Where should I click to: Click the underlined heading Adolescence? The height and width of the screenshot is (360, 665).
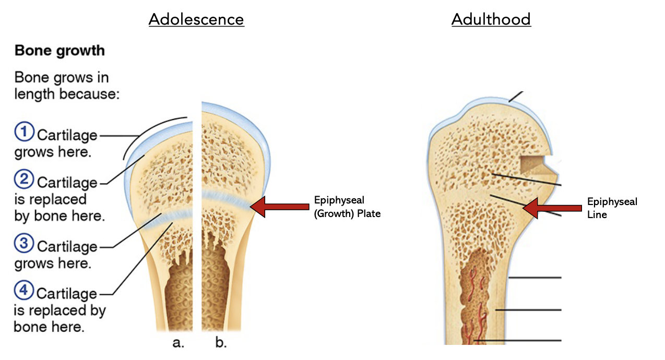(x=196, y=19)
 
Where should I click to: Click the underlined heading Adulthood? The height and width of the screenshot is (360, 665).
(x=491, y=19)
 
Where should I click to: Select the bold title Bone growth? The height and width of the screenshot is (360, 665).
(x=60, y=51)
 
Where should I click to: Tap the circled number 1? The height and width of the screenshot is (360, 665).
(x=24, y=133)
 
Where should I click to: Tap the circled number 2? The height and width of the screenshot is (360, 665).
(x=24, y=181)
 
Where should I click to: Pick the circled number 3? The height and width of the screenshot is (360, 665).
(x=24, y=244)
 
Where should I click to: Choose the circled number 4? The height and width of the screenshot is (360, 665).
(x=24, y=291)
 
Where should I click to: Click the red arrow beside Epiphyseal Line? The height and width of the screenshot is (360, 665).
(x=552, y=208)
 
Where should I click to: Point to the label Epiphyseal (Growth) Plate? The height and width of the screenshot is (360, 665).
(x=347, y=207)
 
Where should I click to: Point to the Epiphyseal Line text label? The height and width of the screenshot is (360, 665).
(x=612, y=208)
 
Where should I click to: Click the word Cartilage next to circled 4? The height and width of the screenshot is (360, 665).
(x=66, y=293)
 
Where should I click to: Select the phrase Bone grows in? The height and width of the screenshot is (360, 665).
(x=62, y=78)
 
